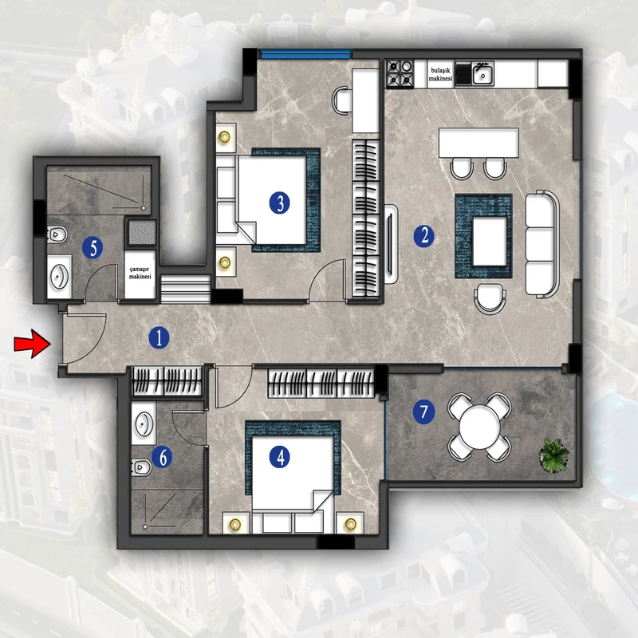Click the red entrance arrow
[33, 344]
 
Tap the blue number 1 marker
[159, 337]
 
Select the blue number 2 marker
[423, 235]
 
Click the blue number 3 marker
[280, 203]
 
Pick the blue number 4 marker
[280, 457]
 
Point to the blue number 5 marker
[93, 248]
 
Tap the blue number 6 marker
[162, 457]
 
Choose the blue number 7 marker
[423, 412]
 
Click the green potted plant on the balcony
[553, 455]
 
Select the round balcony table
[480, 427]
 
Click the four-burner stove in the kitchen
[400, 73]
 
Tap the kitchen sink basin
[482, 74]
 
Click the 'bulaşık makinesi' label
[441, 74]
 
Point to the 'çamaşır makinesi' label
[140, 273]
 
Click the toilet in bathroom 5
[57, 234]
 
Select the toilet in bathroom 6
[141, 467]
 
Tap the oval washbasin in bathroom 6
[144, 424]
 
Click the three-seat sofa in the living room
[542, 243]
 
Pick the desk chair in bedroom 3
[342, 100]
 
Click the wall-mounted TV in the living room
[391, 244]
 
